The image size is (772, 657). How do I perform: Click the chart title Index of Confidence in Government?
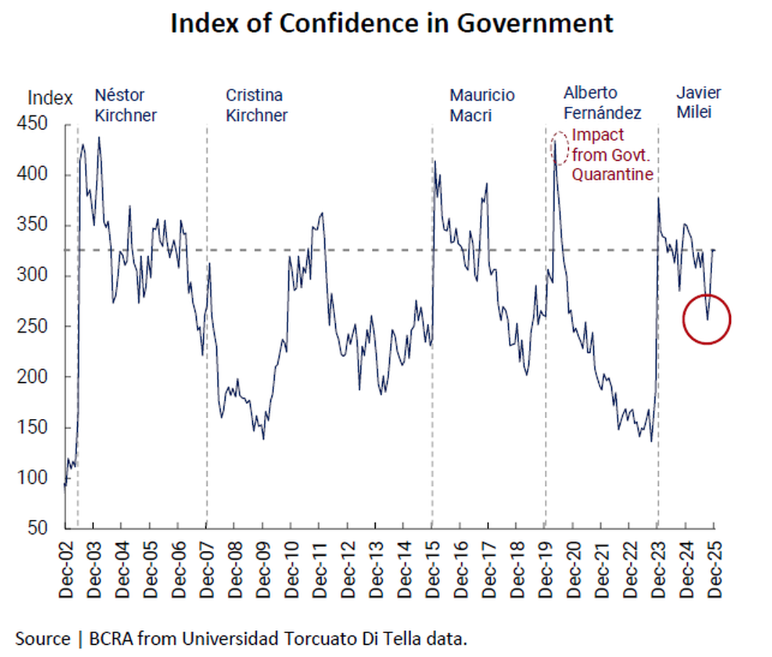(x=392, y=24)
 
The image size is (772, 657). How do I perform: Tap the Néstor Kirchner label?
(x=125, y=105)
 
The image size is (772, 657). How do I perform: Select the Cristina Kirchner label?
(x=256, y=105)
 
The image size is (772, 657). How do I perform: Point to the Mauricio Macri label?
(x=482, y=105)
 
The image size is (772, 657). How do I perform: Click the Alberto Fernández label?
(x=602, y=103)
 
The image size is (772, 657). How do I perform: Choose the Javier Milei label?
(x=698, y=102)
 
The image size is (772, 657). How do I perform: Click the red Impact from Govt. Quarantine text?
(x=612, y=154)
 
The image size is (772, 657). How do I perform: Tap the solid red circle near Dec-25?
(x=706, y=319)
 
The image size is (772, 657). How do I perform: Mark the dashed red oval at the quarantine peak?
(x=560, y=147)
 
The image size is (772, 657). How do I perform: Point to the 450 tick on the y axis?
(x=32, y=124)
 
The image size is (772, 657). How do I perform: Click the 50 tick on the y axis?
(x=38, y=528)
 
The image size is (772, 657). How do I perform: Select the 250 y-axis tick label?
(x=32, y=326)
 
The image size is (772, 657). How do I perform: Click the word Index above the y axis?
(x=50, y=98)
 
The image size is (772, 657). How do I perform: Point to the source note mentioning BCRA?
(x=241, y=639)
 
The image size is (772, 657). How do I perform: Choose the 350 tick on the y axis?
(x=32, y=225)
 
